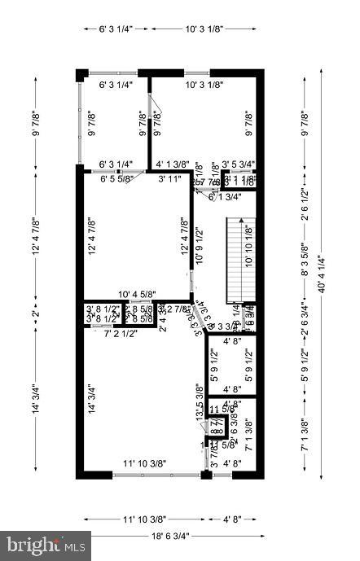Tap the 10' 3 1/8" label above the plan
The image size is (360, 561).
point(204,29)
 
